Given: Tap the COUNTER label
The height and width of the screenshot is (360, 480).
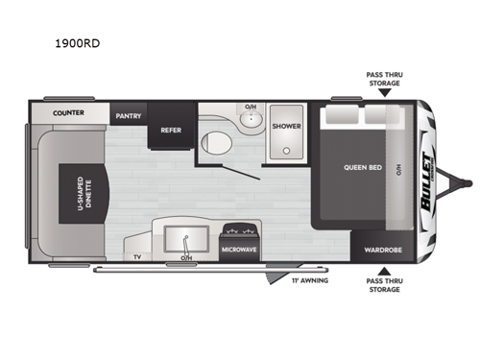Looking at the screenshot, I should tap(67, 113).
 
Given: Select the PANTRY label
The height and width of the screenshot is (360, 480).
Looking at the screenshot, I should tap(128, 115).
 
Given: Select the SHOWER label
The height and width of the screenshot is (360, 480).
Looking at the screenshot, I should tap(285, 126).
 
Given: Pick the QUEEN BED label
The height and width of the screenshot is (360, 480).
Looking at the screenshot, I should tap(363, 167).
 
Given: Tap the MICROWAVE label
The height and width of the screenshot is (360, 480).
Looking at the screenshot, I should tap(239, 249).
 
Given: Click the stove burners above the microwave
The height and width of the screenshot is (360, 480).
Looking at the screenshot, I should tap(239, 230).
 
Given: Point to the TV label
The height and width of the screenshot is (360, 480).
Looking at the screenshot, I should tap(137, 257).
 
